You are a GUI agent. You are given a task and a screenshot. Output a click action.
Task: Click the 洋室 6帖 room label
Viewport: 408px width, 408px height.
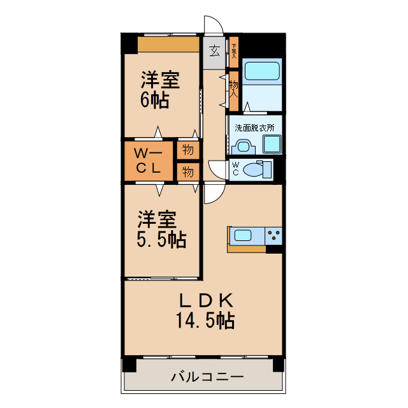coord(160,90)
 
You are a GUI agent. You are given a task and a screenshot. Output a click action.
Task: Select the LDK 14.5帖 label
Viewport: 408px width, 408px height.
coord(204,309)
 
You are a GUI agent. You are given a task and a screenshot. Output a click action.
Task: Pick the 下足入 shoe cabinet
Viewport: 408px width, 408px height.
coord(234,50)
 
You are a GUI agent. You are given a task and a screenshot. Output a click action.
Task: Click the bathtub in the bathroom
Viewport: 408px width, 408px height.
coord(263,70)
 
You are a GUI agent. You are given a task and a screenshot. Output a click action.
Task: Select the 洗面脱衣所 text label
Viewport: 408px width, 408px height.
coord(254,127)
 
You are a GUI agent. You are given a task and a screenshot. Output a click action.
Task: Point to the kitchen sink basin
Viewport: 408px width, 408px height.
coord(243,235)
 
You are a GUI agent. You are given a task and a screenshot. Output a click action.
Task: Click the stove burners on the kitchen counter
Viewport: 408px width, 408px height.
coord(274,235)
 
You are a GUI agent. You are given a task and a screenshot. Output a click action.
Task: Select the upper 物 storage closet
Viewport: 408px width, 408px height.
coord(187,150)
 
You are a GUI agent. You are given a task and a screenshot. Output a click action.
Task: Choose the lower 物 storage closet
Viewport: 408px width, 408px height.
coord(187,171)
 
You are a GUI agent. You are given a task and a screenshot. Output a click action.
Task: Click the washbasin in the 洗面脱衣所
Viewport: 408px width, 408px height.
coord(242,146)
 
